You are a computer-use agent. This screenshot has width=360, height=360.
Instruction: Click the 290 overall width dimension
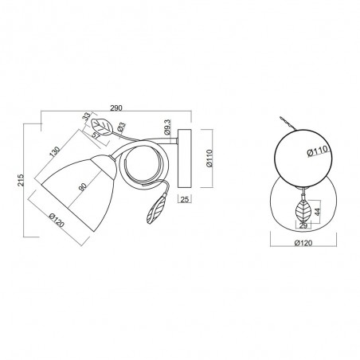click(x=116, y=108)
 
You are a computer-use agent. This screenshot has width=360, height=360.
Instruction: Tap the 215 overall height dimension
click(x=21, y=180)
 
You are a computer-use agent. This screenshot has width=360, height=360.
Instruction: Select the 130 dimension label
click(x=54, y=151)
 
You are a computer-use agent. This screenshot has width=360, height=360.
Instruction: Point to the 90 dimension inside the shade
click(x=83, y=187)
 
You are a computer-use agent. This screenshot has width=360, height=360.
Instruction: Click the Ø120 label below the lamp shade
click(x=57, y=220)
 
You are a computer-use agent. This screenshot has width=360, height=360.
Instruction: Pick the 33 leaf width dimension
click(x=86, y=116)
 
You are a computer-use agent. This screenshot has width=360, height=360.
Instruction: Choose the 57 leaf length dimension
click(x=96, y=135)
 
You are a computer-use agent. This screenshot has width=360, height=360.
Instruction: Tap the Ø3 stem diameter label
click(x=121, y=127)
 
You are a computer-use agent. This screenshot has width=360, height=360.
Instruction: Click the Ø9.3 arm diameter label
click(x=167, y=127)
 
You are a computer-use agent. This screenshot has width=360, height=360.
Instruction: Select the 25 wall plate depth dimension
click(x=185, y=199)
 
